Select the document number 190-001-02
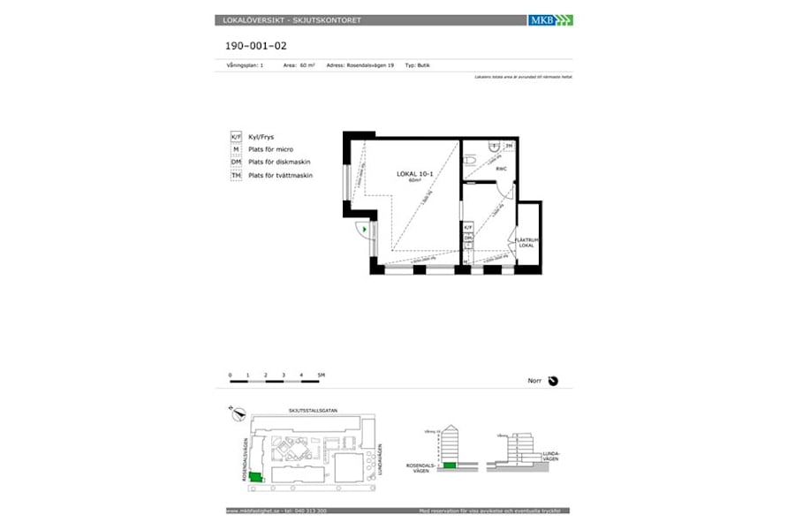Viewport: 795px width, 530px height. coord(251,45)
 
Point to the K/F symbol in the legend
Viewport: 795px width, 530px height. coord(236,138)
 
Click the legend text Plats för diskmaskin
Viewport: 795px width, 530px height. coord(279,163)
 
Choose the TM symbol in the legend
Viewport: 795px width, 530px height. coord(236,176)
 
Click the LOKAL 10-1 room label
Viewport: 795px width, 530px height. coord(414,174)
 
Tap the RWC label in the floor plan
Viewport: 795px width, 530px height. coord(500,168)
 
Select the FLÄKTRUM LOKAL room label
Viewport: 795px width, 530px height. coord(529,242)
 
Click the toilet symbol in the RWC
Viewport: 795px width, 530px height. coord(471,160)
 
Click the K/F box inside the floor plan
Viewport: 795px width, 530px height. coord(468,228)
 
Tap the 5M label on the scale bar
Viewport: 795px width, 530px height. coord(321,375)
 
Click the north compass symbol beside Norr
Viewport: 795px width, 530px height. coord(553,381)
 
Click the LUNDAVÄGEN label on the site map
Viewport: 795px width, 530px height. coord(379,460)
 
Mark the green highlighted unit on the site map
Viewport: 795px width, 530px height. coord(255,477)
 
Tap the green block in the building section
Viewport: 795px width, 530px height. coord(450,465)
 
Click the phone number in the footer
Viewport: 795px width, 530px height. coord(308,511)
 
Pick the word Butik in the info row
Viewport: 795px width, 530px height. coord(423,65)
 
